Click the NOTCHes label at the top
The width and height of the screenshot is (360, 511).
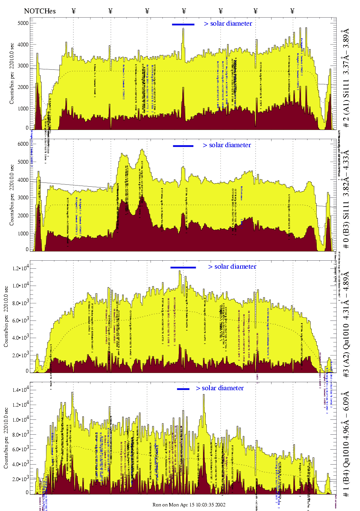pyautogui.click(x=40, y=11)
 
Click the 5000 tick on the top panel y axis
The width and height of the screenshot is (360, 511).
pyautogui.click(x=23, y=23)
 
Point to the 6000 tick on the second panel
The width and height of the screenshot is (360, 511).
pyautogui.click(x=23, y=144)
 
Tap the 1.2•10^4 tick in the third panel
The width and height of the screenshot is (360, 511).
pyautogui.click(x=20, y=268)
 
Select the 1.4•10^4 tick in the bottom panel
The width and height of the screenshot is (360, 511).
pyautogui.click(x=20, y=390)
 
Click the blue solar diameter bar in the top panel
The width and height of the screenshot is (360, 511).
pyautogui.click(x=183, y=25)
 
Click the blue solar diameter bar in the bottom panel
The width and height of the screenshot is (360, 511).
pyautogui.click(x=183, y=389)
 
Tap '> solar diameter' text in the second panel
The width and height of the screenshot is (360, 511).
pyautogui.click(x=227, y=145)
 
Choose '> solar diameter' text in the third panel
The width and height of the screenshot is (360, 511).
pyautogui.click(x=232, y=267)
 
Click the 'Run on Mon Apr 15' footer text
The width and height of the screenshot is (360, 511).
pyautogui.click(x=189, y=504)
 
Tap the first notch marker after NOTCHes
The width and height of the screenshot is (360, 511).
pyautogui.click(x=74, y=11)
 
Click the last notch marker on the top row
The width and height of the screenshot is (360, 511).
pyautogui.click(x=293, y=11)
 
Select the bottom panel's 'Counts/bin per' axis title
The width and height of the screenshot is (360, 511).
pyautogui.click(x=6, y=437)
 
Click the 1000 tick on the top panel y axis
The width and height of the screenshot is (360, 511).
pyautogui.click(x=23, y=108)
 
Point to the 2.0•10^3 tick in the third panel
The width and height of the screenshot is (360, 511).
pyautogui.click(x=20, y=355)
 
